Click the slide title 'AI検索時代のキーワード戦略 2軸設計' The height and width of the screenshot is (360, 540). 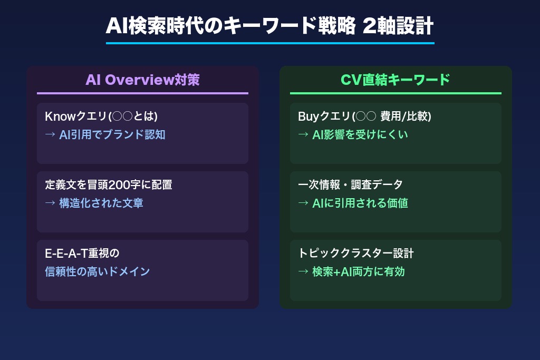point(269,25)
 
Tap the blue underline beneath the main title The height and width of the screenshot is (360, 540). point(269,43)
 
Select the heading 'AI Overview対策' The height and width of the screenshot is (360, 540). point(142,80)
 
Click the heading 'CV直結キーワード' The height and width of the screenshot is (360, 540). point(396,80)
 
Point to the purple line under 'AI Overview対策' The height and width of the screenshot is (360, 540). point(142,93)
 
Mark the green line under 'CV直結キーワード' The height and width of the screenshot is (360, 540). point(396,93)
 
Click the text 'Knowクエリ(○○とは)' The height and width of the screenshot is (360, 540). point(101,116)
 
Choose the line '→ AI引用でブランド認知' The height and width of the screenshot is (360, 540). point(105,134)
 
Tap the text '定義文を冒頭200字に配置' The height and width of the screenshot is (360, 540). point(109,185)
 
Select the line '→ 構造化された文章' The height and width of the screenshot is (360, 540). point(94,203)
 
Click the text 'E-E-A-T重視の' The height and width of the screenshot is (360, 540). point(82,254)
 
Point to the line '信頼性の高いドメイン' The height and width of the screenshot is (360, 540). point(98,271)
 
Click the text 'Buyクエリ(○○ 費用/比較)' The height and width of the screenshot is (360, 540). point(364,116)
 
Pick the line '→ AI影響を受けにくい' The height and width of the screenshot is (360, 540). point(353,134)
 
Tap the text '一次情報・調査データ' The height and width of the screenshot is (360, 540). point(350,185)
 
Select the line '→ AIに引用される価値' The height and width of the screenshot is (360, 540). point(353,203)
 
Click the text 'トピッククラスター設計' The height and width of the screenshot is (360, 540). point(356,254)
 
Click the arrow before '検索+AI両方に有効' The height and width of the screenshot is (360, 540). point(303,271)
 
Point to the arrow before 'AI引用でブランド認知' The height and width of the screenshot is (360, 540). point(50,134)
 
